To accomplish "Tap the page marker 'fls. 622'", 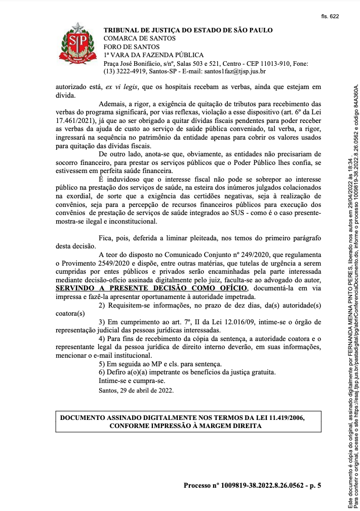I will point(330,16).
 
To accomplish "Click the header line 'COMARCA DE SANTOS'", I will point(139,38).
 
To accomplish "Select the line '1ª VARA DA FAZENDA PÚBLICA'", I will point(153,55).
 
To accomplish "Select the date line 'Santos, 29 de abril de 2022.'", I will point(136,390).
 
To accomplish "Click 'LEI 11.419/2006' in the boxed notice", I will point(279,418).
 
